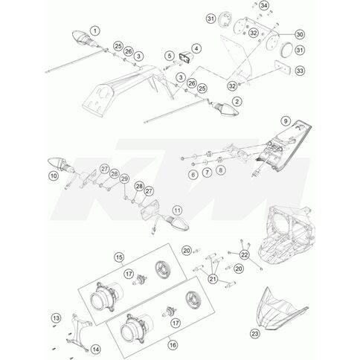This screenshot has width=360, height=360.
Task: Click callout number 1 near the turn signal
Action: coord(94,30)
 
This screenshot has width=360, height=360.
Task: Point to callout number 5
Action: coord(169,56)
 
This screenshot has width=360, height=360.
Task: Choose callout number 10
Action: coord(52,176)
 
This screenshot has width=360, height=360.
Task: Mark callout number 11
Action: coord(177,211)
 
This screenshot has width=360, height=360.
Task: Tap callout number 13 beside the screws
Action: coord(54,318)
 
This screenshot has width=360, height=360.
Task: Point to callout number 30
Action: coord(279,35)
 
